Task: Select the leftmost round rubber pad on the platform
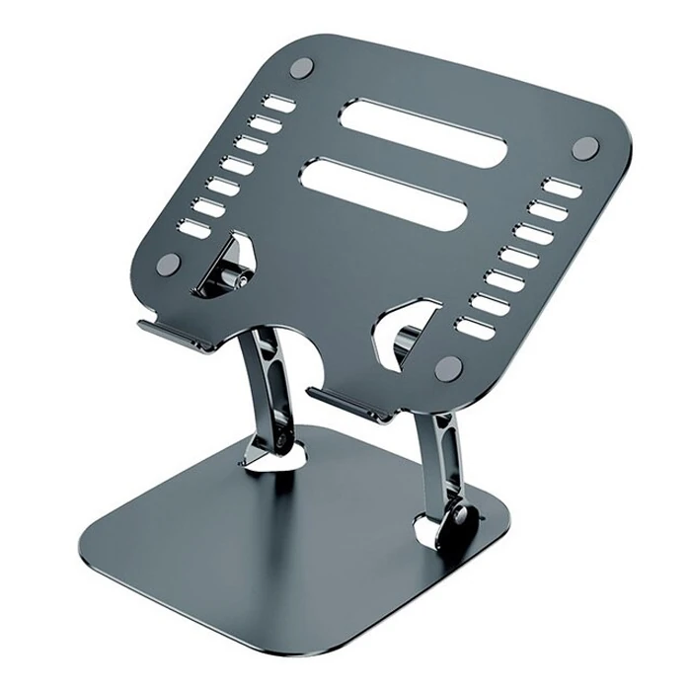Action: pos(168,264)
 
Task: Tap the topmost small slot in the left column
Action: pos(279,104)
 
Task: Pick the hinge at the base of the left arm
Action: pos(288,441)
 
